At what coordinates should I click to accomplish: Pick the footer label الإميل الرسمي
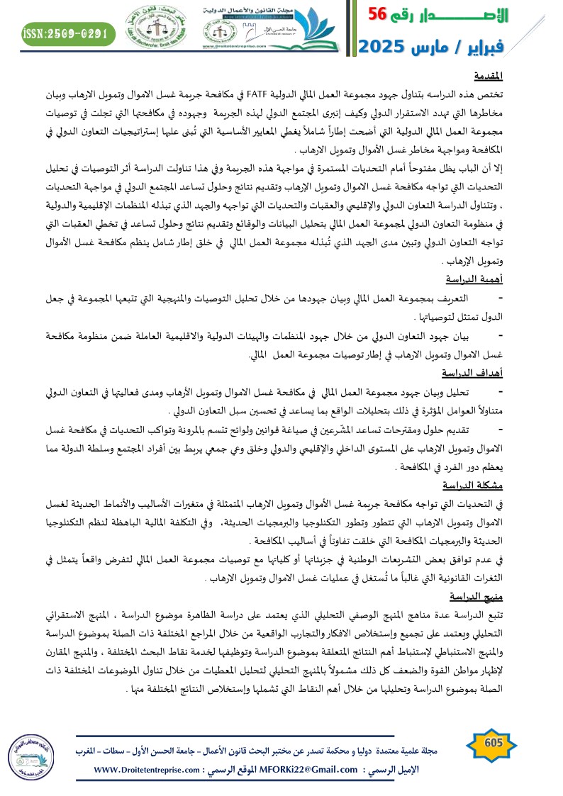(392, 770)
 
